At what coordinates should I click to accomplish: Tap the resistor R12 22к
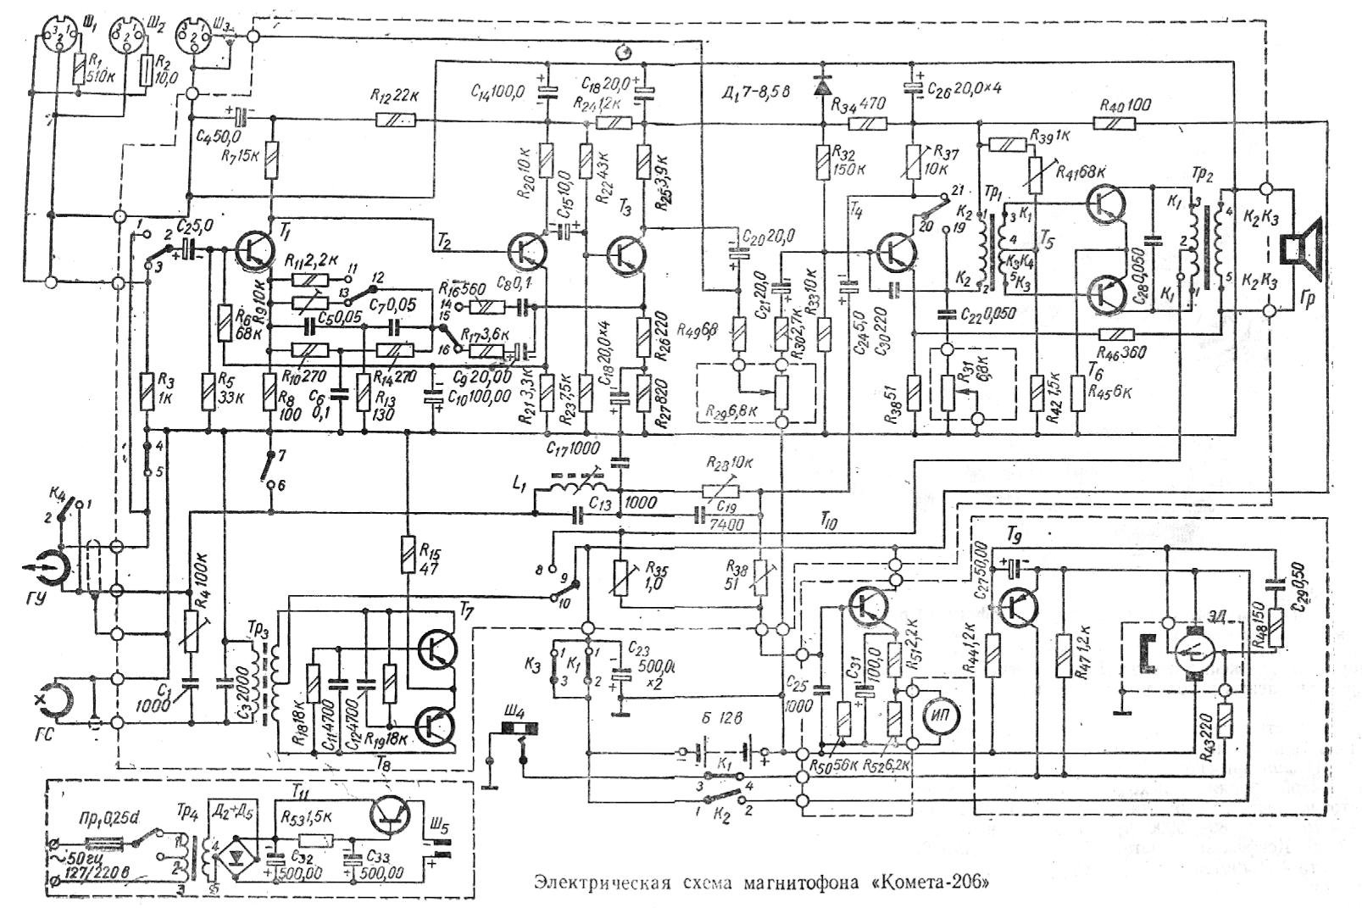[x=396, y=121]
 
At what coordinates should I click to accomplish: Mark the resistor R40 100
[x=1115, y=123]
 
